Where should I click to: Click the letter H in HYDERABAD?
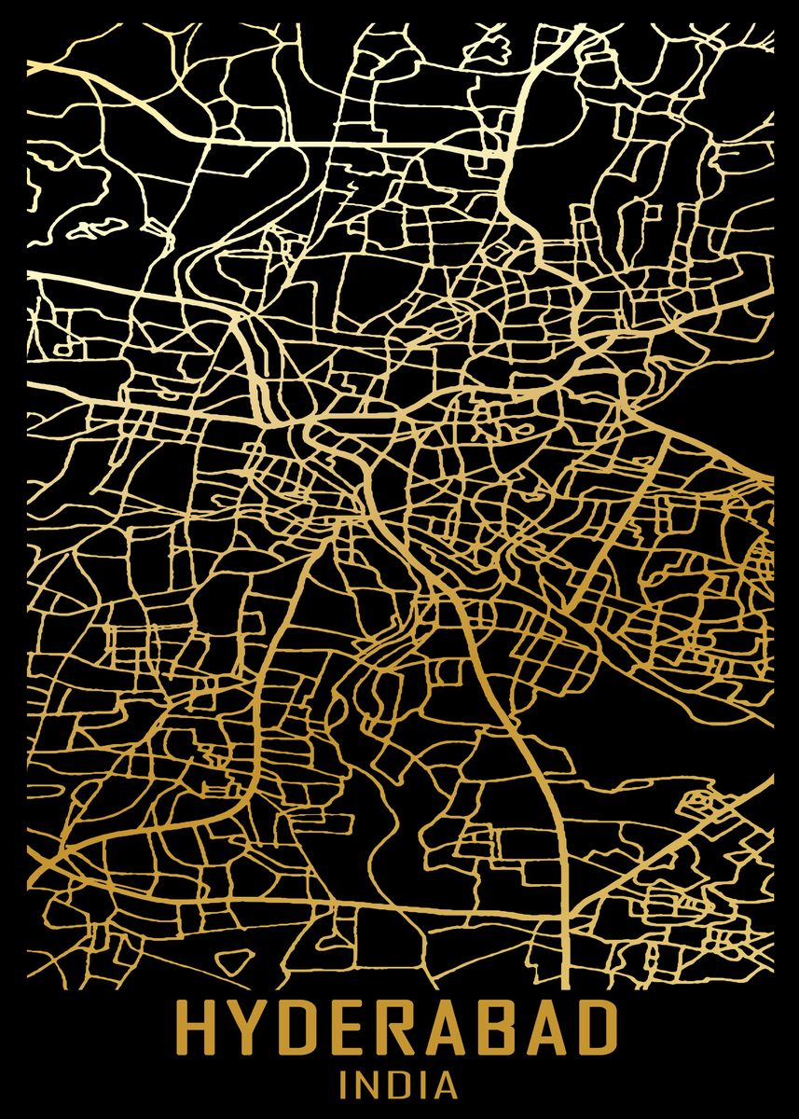click(199, 1029)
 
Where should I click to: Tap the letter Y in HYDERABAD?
click(249, 1029)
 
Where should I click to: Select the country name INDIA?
click(398, 1085)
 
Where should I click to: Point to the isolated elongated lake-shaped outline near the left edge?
click(103, 227)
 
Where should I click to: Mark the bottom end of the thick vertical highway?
click(565, 984)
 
